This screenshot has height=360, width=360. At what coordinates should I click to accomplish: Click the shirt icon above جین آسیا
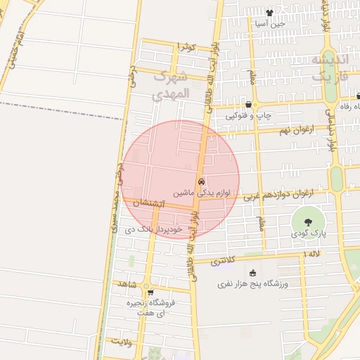coord(269,13)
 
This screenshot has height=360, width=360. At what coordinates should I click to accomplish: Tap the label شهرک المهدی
coord(171,84)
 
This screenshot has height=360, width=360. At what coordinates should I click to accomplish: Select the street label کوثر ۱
coord(186,46)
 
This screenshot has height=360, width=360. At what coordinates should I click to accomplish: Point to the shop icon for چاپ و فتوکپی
coord(248,105)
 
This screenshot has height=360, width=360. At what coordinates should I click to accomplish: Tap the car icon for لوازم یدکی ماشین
coord(201,181)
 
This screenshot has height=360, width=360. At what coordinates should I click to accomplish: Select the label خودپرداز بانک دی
coord(153,229)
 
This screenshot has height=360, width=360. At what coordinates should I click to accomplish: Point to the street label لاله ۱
coord(310,252)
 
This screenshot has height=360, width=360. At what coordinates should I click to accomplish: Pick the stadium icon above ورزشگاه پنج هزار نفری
coord(252,273)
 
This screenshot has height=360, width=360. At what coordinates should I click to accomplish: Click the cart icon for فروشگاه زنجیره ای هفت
coord(149,292)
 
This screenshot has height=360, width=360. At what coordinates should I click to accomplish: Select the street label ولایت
coord(122,341)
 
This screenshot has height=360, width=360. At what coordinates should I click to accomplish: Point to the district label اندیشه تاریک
coord(328,68)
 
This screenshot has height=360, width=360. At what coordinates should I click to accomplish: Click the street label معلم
coord(262,222)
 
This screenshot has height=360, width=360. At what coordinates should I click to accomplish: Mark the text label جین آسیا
coord(270,23)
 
